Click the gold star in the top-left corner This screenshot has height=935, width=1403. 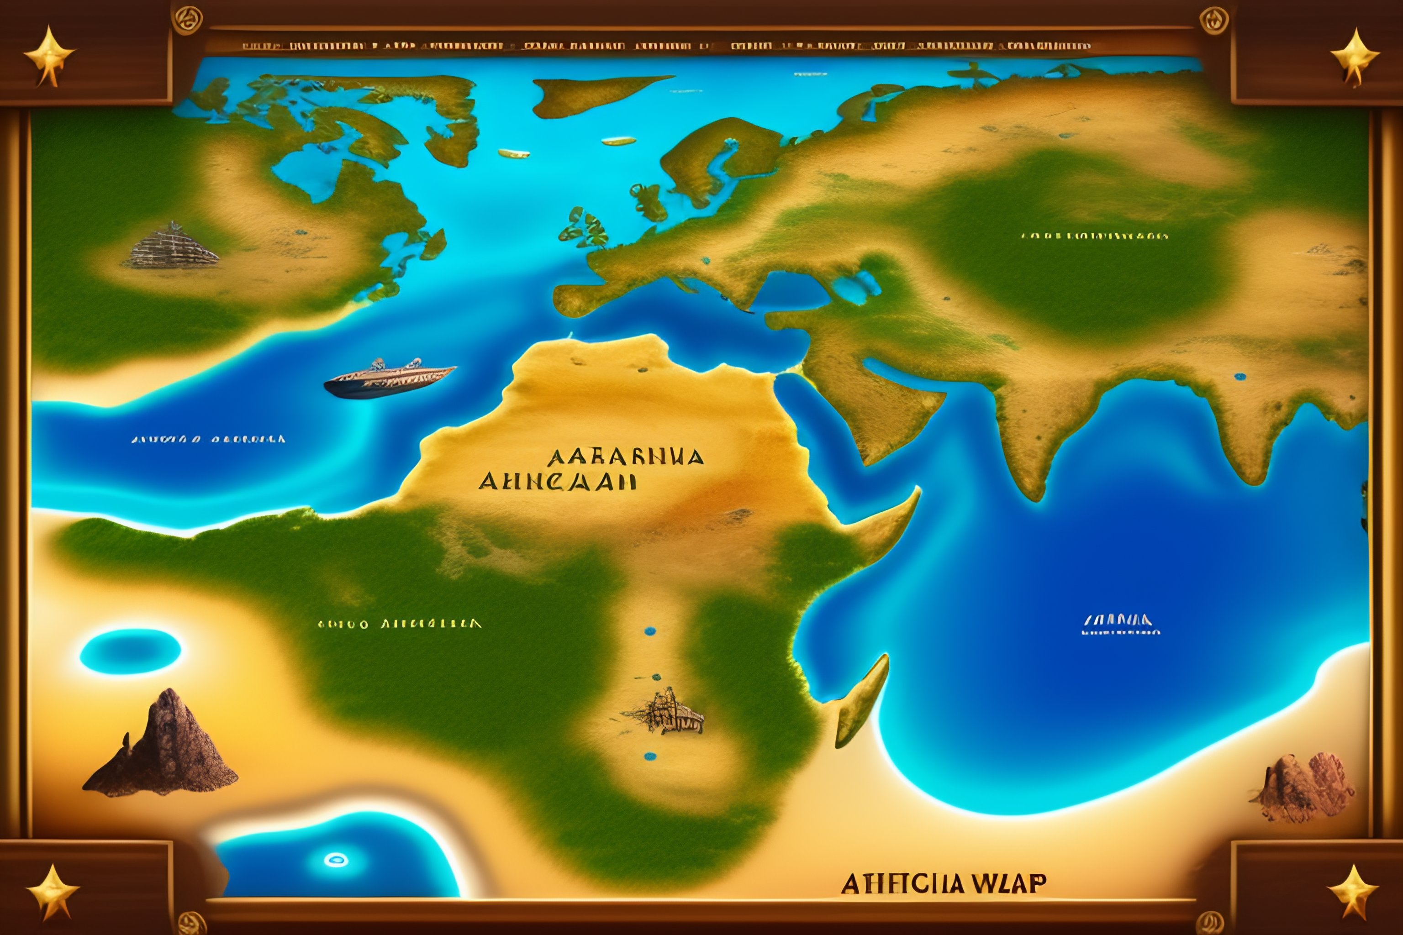tap(49, 55)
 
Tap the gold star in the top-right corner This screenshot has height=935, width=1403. tap(1354, 57)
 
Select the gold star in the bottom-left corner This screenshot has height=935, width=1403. tap(53, 892)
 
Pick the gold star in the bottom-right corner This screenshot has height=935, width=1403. tap(1352, 892)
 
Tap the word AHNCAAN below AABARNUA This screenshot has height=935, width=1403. tap(557, 481)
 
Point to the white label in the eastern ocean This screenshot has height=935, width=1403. tap(1121, 624)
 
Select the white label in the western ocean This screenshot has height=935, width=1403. tap(208, 440)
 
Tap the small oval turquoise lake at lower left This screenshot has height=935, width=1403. tap(130, 651)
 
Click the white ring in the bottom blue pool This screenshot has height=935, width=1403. tap(336, 860)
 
